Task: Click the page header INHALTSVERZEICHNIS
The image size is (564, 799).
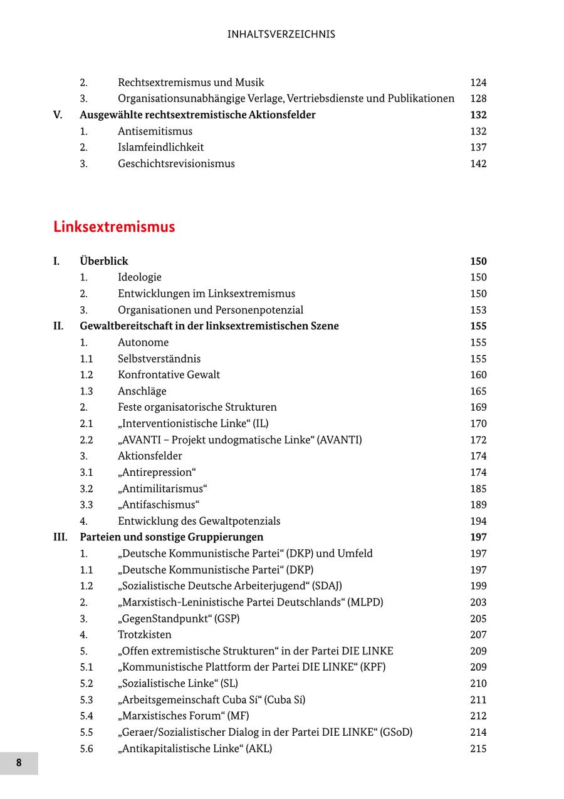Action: (281, 34)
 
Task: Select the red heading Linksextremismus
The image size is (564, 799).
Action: (114, 227)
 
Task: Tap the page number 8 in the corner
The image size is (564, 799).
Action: (19, 763)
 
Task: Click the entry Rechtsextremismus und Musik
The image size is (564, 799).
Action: (191, 83)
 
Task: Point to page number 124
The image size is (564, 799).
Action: (478, 83)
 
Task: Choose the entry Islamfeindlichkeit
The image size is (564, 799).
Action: (160, 147)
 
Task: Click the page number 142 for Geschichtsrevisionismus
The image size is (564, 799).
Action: (478, 163)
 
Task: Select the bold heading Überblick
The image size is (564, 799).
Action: (103, 261)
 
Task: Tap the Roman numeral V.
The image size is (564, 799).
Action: (58, 115)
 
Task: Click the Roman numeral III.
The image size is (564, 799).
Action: (60, 537)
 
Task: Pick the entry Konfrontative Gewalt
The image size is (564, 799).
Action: (169, 374)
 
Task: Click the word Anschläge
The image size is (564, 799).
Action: (142, 391)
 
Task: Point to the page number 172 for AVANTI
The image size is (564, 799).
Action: (478, 440)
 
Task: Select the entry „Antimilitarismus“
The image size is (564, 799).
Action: (162, 488)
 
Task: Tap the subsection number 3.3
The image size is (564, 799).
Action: (86, 505)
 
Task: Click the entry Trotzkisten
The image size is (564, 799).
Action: (144, 634)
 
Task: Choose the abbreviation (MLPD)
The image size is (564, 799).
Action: (366, 602)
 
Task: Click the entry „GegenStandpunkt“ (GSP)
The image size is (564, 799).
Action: (179, 619)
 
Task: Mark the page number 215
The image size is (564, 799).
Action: (478, 748)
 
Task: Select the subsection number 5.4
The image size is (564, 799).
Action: (86, 716)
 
